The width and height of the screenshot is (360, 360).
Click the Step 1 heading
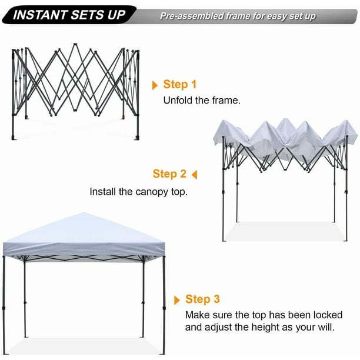tap(180, 84)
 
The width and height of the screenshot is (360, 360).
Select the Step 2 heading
tap(169, 174)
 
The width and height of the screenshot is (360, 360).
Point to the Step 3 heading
tap(202, 299)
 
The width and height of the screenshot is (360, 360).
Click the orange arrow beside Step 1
tap(155, 85)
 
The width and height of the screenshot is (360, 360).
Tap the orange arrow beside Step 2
tap(195, 175)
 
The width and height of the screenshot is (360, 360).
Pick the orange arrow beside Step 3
tap(177, 301)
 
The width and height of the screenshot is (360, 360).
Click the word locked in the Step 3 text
tap(328, 315)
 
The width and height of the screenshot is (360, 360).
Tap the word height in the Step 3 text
tap(265, 327)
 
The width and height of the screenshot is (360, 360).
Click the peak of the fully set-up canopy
tap(84, 213)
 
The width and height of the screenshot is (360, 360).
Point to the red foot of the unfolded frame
tap(124, 117)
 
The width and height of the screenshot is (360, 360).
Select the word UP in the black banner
tap(116, 15)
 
